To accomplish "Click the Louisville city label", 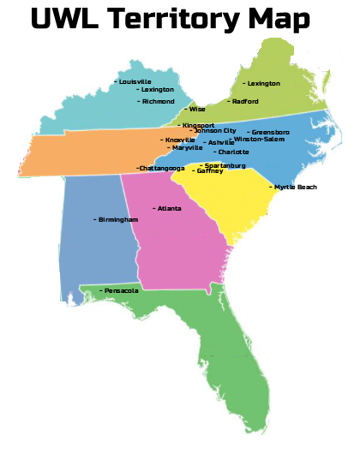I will (135, 81).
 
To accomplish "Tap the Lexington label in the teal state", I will (158, 89).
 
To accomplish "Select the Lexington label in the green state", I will (263, 84).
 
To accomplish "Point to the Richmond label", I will (159, 101).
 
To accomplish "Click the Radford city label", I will (245, 101).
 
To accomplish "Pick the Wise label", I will (197, 109).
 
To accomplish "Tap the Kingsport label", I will (199, 125).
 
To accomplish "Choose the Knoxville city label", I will (180, 140).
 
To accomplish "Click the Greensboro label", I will (270, 132).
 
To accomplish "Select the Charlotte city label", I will (233, 152).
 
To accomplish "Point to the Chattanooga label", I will (162, 169).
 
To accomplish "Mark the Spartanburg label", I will (225, 165).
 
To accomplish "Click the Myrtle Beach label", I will (295, 187).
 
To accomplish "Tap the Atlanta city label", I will (170, 208).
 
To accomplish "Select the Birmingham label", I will (117, 220).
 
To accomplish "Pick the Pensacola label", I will (121, 290).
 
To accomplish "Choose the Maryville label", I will (186, 147).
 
